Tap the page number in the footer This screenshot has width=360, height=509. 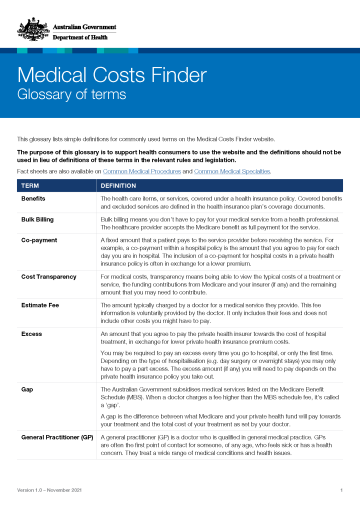[x=342, y=491]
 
